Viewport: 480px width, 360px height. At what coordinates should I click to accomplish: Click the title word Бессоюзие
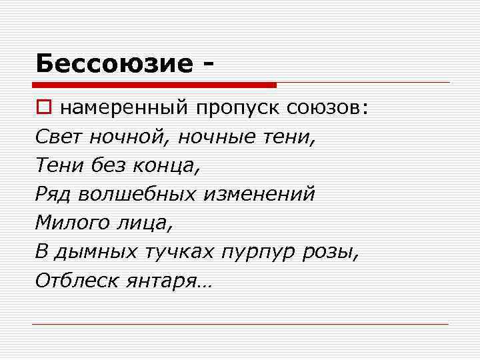(113, 63)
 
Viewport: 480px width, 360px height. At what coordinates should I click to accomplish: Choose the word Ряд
(53, 194)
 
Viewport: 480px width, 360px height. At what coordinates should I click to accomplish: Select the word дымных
(93, 251)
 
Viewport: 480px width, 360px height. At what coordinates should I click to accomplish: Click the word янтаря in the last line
(164, 281)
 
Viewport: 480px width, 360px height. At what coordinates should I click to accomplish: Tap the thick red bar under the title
(153, 85)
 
